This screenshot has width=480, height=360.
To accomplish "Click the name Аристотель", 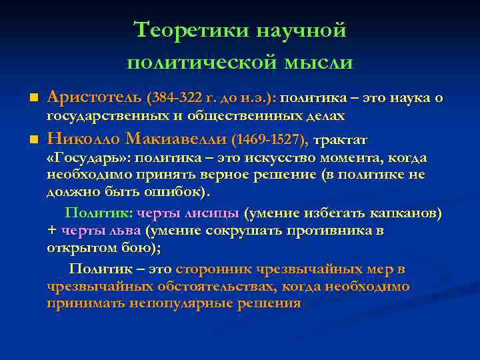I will (94, 98).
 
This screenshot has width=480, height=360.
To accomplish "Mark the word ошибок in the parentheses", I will (175, 192).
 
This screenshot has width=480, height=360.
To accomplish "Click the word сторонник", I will (217, 269).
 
